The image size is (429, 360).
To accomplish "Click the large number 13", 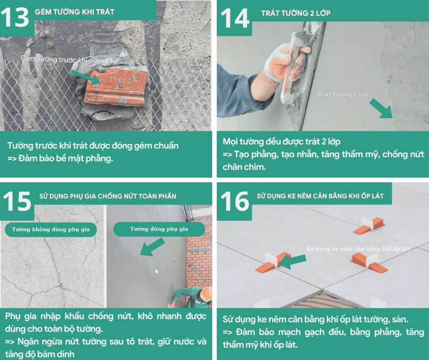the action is (15, 17).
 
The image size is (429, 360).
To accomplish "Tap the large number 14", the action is (235, 18).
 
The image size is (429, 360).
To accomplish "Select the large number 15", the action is (17, 201).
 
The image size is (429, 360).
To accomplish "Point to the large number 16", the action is (235, 201).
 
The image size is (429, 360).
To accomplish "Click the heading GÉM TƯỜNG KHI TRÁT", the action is (74, 12).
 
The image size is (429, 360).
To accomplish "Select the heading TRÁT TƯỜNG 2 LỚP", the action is (296, 13).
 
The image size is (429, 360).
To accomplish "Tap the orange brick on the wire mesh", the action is (116, 87).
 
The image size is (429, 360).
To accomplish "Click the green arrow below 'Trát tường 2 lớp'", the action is (381, 108).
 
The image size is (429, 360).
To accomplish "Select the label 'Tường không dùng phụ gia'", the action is (51, 229).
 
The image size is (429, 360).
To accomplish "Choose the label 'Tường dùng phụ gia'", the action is (159, 229).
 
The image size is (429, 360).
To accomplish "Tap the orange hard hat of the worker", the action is (207, 294).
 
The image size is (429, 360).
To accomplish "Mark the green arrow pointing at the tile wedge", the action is (293, 261).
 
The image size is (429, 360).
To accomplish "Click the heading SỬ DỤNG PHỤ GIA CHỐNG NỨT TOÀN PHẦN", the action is (108, 196).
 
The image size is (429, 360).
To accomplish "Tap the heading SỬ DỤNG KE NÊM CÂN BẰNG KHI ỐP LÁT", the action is (320, 196).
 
